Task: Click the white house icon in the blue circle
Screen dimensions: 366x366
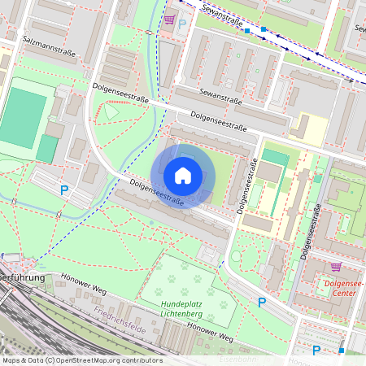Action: pos(183,176)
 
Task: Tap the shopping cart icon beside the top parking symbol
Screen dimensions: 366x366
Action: pos(168,20)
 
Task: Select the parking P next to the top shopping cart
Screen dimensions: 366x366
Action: pos(182,25)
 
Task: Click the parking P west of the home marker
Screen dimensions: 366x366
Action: pos(64,190)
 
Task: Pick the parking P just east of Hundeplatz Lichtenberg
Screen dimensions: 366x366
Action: pos(261,302)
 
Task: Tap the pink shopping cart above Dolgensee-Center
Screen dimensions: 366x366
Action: pos(336,267)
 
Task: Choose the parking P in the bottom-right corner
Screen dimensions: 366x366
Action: pos(316,351)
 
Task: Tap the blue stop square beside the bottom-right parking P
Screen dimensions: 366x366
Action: pos(342,351)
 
